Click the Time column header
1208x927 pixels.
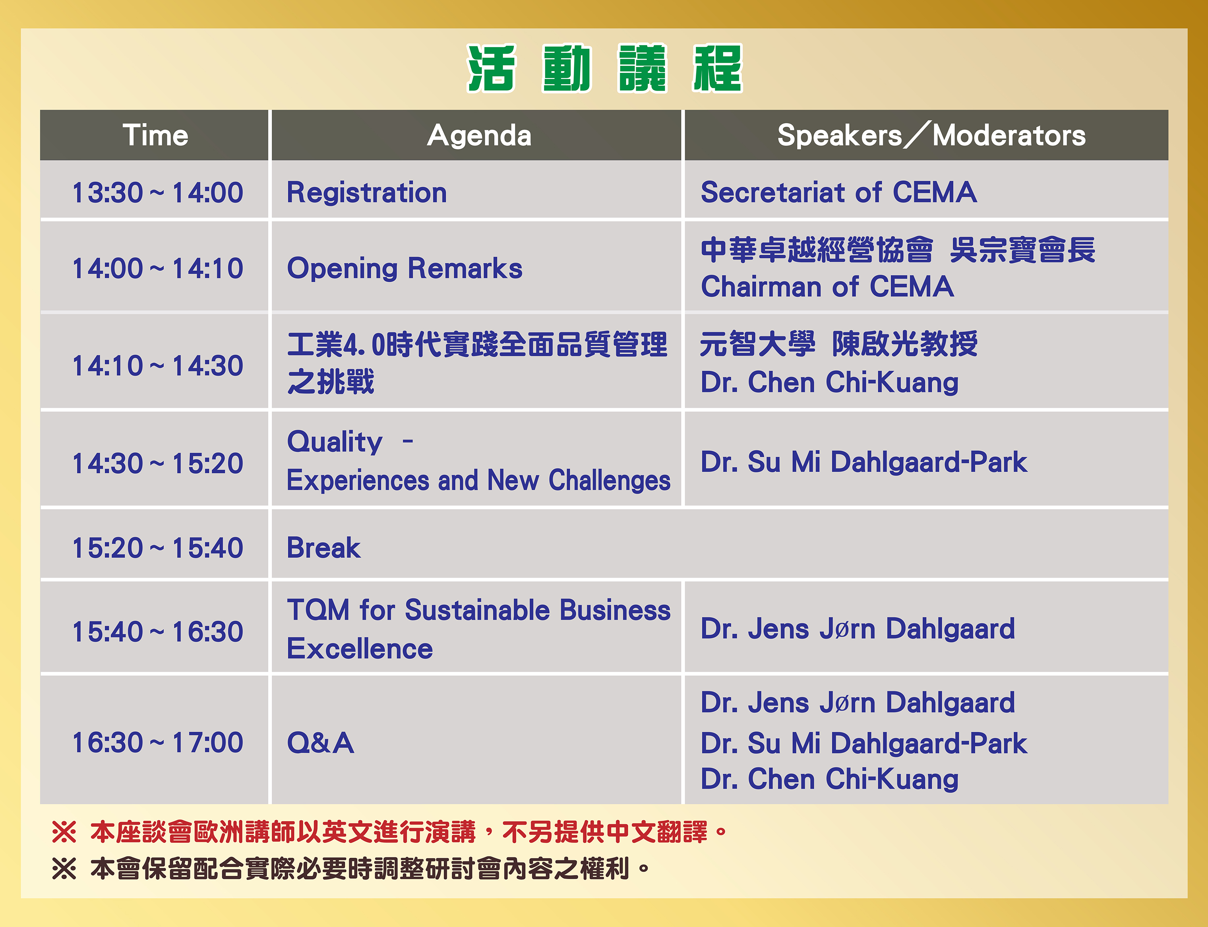(x=155, y=135)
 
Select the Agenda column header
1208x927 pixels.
(x=479, y=136)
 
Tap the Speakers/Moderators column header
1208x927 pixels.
(x=931, y=135)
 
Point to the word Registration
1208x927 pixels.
(x=366, y=192)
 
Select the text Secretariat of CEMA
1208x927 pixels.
(x=838, y=192)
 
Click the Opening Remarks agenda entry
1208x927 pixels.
(x=405, y=269)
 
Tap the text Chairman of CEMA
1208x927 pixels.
(x=827, y=287)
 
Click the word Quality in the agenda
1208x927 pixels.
(x=335, y=442)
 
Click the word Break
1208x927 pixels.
(x=323, y=548)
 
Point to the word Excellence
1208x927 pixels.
(x=360, y=648)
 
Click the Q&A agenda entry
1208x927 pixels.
(x=320, y=743)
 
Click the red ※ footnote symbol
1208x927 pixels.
(x=64, y=832)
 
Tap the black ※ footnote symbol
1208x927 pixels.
(x=64, y=869)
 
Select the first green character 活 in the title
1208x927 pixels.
(x=491, y=68)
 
